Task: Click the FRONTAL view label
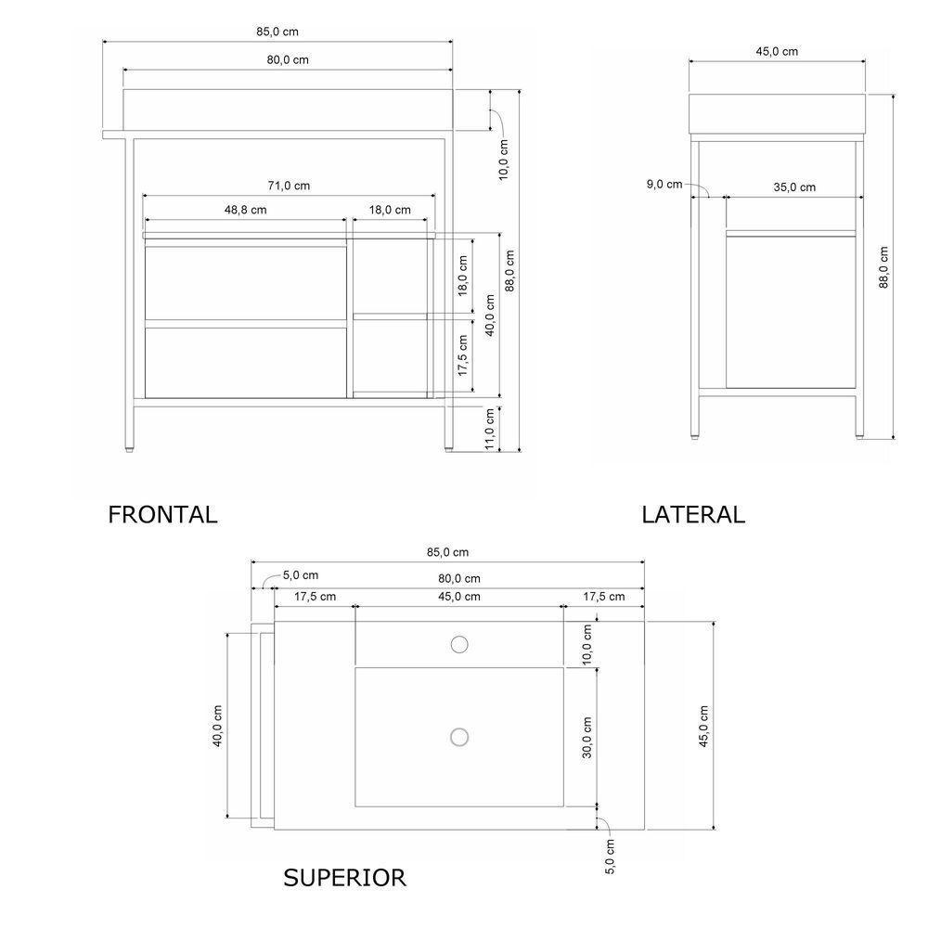click(x=162, y=514)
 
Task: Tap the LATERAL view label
click(x=693, y=514)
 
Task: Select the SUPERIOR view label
click(x=345, y=877)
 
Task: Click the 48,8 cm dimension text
click(x=245, y=210)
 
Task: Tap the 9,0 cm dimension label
click(x=664, y=185)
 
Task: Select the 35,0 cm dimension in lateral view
click(x=794, y=187)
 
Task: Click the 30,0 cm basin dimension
click(x=586, y=738)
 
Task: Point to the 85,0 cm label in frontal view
click(x=277, y=31)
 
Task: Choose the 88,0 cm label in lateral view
click(x=883, y=267)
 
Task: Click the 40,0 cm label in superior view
click(x=217, y=726)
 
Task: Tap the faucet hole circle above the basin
click(x=458, y=644)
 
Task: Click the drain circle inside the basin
click(x=458, y=737)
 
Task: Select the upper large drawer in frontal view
click(x=245, y=282)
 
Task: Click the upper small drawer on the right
click(x=390, y=275)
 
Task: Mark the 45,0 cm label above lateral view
click(x=777, y=51)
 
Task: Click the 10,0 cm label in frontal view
click(x=504, y=159)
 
